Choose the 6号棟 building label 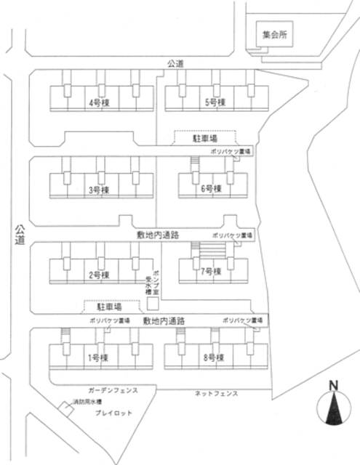tap(211, 190)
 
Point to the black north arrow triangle tap(333, 411)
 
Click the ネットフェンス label tap(216, 393)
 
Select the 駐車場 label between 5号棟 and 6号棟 tap(206, 137)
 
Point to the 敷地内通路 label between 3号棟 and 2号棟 tap(158, 235)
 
